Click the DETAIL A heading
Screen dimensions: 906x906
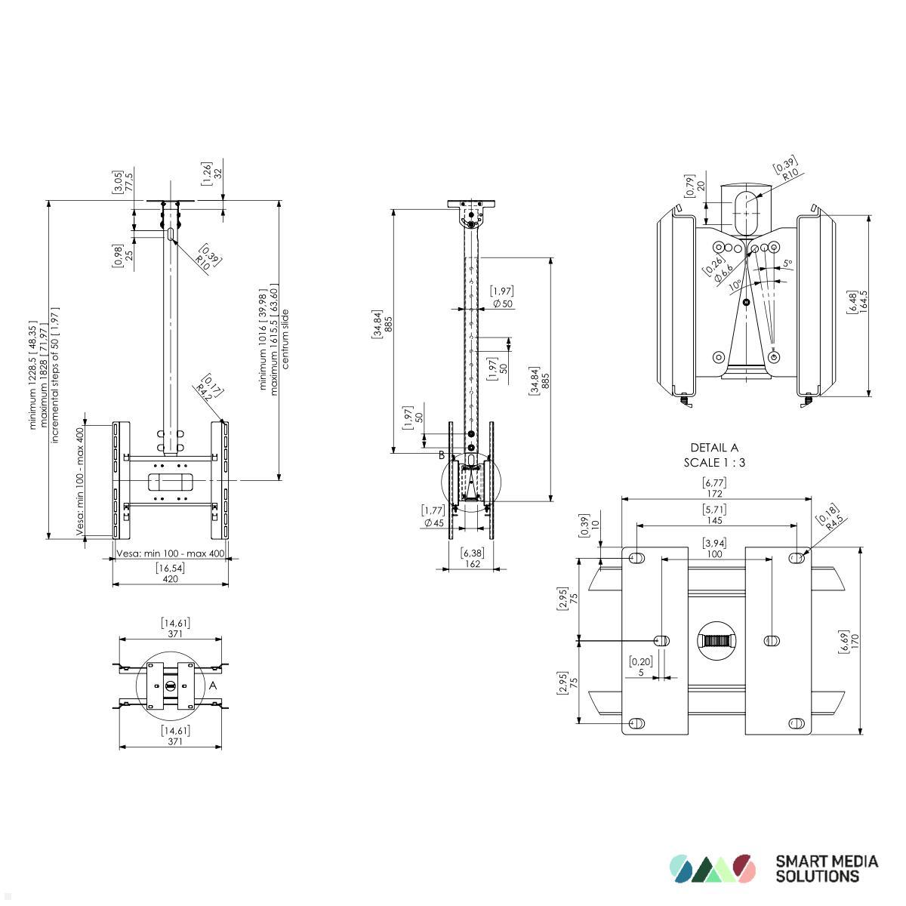[x=714, y=448]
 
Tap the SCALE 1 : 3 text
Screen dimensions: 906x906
[x=714, y=462]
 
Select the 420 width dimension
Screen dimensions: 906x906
[x=171, y=579]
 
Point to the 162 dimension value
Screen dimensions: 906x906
[x=472, y=563]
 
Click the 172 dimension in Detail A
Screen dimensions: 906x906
[x=715, y=494]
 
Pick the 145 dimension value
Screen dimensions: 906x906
[x=715, y=520]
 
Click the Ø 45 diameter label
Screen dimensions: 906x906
[x=433, y=522]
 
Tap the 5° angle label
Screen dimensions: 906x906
[x=788, y=263]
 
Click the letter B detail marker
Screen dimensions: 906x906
[x=442, y=455]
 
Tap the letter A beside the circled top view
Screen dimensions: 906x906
[x=213, y=686]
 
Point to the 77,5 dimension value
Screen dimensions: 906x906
[x=129, y=183]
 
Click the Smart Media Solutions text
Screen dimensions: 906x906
[x=827, y=868]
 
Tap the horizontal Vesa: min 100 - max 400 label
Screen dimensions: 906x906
[x=171, y=553]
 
